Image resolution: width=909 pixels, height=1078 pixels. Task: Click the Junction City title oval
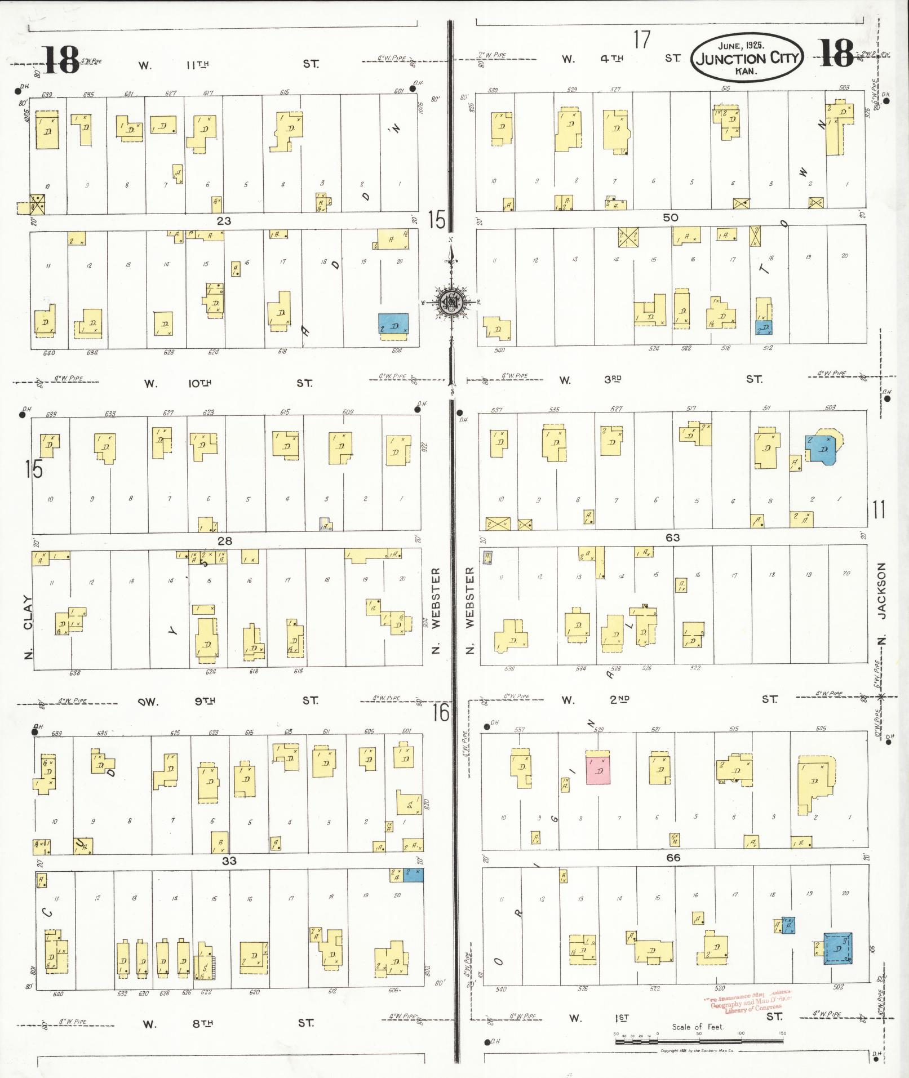click(x=747, y=57)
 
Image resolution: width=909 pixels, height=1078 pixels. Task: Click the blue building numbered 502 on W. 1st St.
click(x=838, y=948)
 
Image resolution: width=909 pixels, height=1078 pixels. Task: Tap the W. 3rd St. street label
click(x=660, y=379)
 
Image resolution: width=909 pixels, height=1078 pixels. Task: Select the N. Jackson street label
click(x=882, y=603)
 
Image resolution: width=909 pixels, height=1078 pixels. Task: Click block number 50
click(x=670, y=218)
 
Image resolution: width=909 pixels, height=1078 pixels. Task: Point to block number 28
click(x=225, y=541)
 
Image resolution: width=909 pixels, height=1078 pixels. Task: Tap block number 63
click(x=672, y=538)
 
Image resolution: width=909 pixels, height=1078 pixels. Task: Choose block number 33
click(x=229, y=861)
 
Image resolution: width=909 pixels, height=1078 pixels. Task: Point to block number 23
click(x=224, y=221)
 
